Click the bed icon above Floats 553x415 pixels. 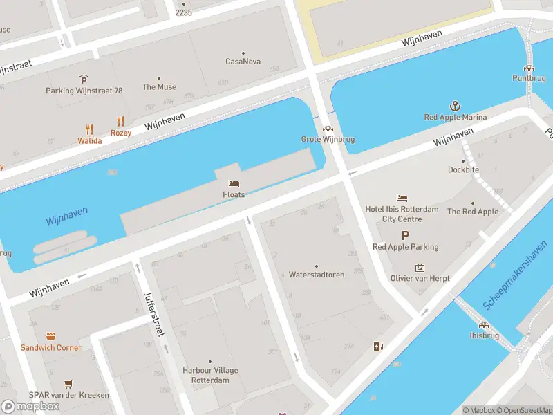click(234, 183)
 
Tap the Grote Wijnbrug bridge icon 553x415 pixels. click(328, 128)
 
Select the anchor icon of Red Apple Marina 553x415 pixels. click(455, 106)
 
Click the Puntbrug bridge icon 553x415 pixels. click(529, 67)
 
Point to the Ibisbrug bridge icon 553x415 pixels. click(485, 324)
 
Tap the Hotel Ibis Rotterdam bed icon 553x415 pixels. click(402, 199)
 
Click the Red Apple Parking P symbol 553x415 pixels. click(405, 235)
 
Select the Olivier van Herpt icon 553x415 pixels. click(420, 267)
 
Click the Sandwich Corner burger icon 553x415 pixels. click(50, 336)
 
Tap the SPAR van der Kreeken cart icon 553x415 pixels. click(68, 383)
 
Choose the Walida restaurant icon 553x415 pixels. click(89, 129)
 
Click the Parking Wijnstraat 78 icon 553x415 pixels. click(84, 79)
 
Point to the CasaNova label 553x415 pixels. click(243, 62)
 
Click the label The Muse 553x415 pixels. click(159, 87)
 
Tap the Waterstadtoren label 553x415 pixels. click(317, 275)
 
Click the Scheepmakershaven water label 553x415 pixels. click(515, 280)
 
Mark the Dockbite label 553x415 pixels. click(463, 169)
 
